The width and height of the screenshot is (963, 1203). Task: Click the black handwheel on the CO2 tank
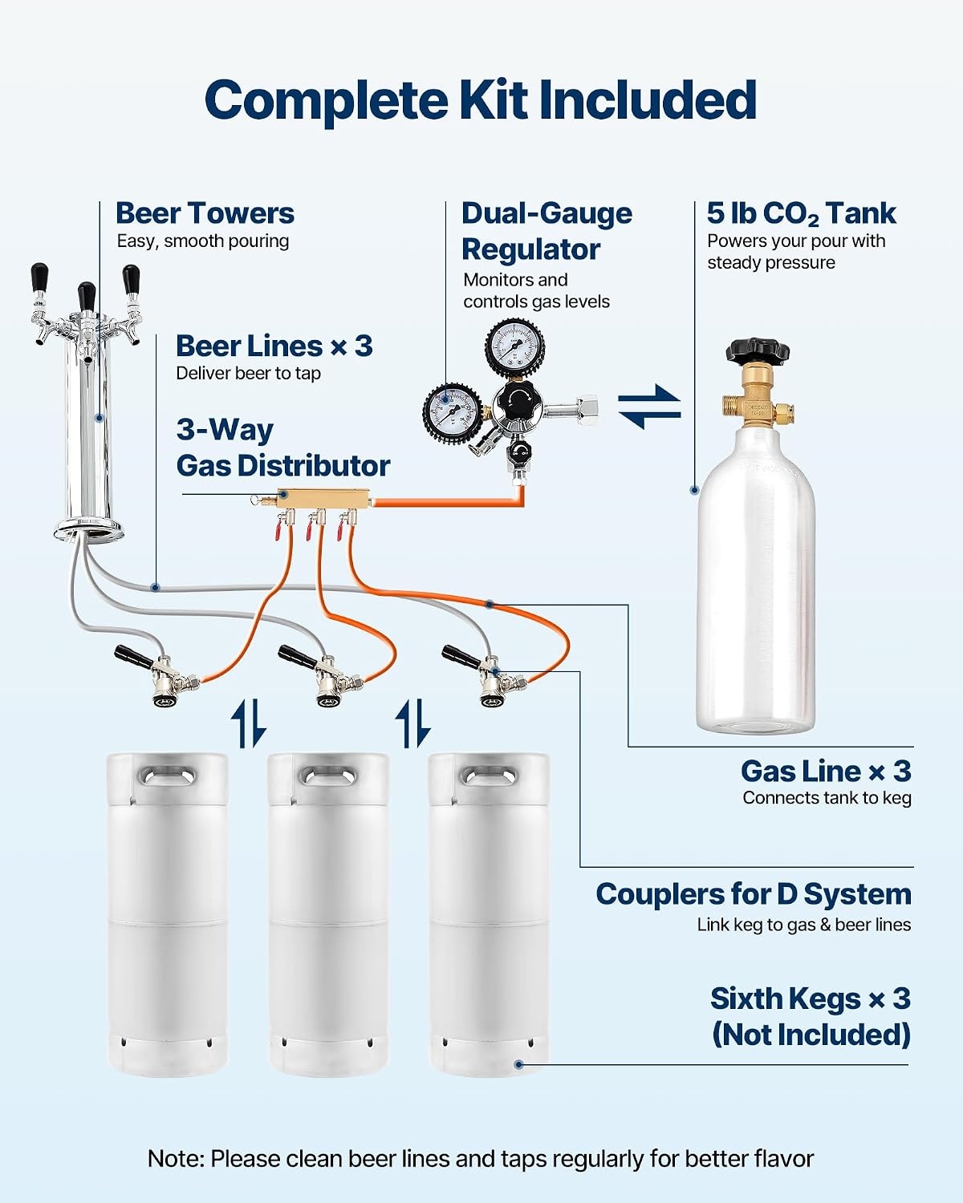point(757,351)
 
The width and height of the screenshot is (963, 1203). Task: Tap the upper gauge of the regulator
point(514,348)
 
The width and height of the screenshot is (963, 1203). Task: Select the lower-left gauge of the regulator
point(452,413)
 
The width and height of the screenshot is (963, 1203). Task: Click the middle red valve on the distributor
point(309,530)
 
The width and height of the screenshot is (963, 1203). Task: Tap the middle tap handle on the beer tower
point(86,296)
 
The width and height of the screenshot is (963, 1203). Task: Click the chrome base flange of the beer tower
point(88,529)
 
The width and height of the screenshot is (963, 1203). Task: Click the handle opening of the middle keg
point(328,776)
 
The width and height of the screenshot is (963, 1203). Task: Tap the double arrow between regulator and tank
point(649,407)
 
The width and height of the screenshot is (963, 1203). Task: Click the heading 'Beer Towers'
point(205,213)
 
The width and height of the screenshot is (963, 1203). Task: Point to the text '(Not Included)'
point(811,1034)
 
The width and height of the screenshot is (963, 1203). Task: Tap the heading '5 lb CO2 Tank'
point(801,213)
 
